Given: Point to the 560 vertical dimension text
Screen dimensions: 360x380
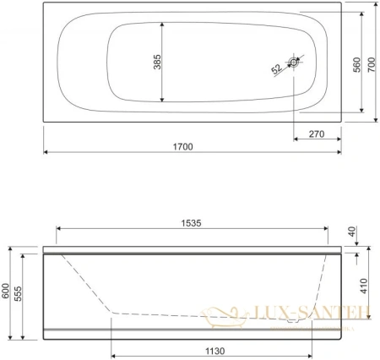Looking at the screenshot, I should (x=356, y=64).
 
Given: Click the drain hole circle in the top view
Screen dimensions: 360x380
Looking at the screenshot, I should (x=294, y=63).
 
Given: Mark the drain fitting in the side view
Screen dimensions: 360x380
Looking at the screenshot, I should (x=294, y=319).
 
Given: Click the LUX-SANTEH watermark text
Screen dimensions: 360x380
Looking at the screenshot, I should (x=312, y=314).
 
